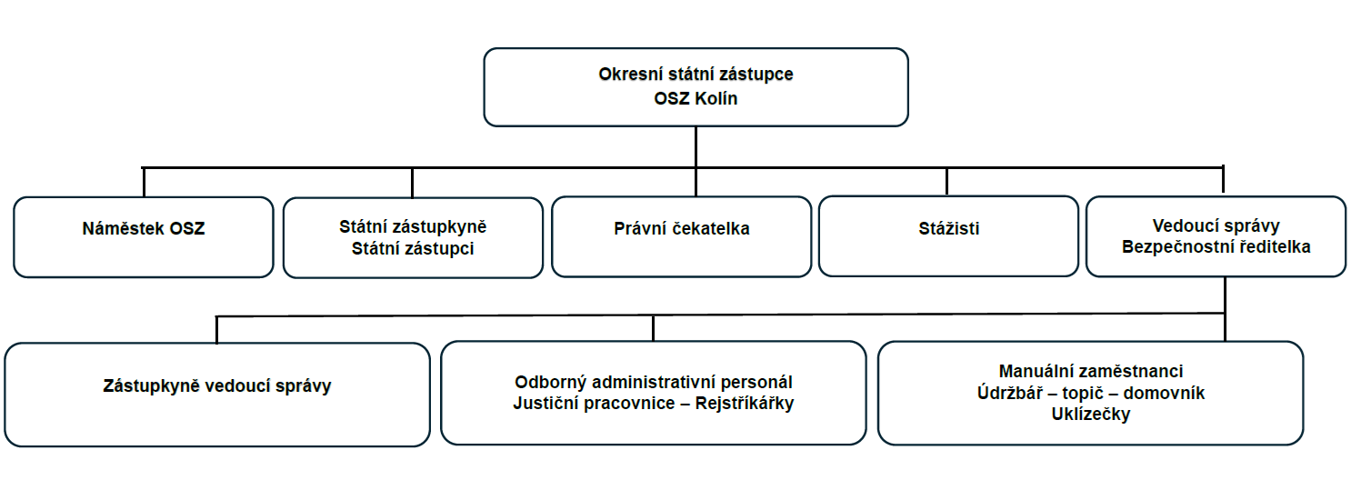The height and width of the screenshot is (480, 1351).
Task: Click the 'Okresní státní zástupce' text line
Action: (x=696, y=75)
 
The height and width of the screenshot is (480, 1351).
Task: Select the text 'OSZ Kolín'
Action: (x=696, y=98)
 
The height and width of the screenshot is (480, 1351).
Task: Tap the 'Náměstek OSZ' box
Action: (x=144, y=237)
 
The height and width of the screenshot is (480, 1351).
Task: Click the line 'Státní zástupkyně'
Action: (x=413, y=226)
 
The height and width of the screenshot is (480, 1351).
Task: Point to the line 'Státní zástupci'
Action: (x=413, y=248)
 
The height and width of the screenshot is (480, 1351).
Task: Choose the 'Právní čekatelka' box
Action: (x=682, y=236)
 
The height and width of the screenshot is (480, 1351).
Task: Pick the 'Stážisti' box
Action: (x=949, y=235)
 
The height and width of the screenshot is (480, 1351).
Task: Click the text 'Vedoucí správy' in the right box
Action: (x=1216, y=226)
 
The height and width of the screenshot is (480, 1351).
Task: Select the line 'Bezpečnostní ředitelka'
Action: (x=1216, y=246)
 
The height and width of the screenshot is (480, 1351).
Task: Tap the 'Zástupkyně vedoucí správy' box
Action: (x=217, y=395)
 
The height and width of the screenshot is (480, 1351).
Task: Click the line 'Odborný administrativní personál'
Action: (x=653, y=382)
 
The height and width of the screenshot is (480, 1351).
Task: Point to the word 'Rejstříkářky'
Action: (x=745, y=403)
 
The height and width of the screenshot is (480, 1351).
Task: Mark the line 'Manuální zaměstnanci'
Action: (x=1090, y=371)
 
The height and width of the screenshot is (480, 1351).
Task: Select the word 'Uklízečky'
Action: (x=1090, y=414)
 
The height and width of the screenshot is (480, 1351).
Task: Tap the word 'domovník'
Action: (x=1164, y=393)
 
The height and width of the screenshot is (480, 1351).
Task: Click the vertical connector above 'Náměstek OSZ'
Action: (x=144, y=182)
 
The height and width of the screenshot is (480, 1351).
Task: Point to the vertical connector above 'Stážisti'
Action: (x=947, y=182)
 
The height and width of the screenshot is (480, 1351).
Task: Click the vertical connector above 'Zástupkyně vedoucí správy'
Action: (x=216, y=330)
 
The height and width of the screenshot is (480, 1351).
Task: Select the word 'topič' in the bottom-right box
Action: (x=1083, y=393)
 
